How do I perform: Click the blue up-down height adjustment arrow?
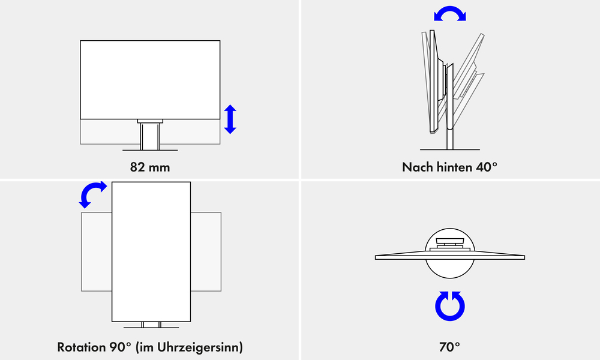[x=230, y=119]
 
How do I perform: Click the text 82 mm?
[x=150, y=167]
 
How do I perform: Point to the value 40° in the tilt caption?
[x=487, y=167]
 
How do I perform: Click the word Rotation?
[x=82, y=347]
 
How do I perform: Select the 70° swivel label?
[x=449, y=347]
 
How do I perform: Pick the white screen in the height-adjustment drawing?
[x=150, y=80]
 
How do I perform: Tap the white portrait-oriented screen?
[x=151, y=252]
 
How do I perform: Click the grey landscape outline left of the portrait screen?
[x=97, y=252]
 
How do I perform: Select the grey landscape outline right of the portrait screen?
[x=206, y=252]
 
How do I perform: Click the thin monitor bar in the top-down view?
[x=450, y=257]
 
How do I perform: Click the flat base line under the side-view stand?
[x=450, y=149]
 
